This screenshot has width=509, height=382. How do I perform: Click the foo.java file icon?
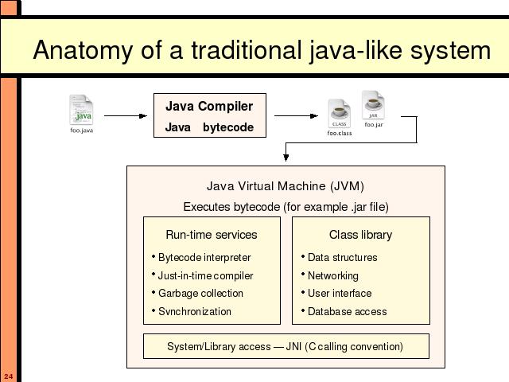click(x=81, y=110)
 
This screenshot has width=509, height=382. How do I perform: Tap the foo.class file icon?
click(x=340, y=114)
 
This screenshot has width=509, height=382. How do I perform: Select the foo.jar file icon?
click(x=373, y=105)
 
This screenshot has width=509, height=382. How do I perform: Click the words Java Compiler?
click(x=209, y=106)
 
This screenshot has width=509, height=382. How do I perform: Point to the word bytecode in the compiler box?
click(x=228, y=127)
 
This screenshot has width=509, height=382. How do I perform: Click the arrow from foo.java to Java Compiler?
click(x=126, y=115)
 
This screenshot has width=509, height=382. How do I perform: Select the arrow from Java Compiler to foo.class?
click(x=296, y=115)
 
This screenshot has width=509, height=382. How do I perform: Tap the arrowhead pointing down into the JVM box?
click(x=286, y=158)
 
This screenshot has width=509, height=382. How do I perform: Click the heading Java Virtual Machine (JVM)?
click(x=286, y=186)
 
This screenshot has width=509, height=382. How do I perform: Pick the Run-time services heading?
click(x=212, y=235)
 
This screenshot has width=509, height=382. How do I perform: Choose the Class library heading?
click(x=360, y=235)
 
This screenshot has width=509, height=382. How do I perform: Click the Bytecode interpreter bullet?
click(x=201, y=257)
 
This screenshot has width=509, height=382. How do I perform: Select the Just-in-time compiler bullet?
click(x=202, y=275)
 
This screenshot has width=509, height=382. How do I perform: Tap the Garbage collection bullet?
click(x=197, y=294)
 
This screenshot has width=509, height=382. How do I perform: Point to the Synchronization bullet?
click(x=192, y=311)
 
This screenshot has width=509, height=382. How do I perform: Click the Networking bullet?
click(x=330, y=275)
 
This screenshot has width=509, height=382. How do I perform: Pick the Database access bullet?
click(x=344, y=311)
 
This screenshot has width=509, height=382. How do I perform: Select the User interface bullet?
click(x=336, y=294)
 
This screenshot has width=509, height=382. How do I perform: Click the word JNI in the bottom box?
click(x=293, y=346)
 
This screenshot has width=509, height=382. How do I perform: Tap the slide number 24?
click(x=9, y=376)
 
